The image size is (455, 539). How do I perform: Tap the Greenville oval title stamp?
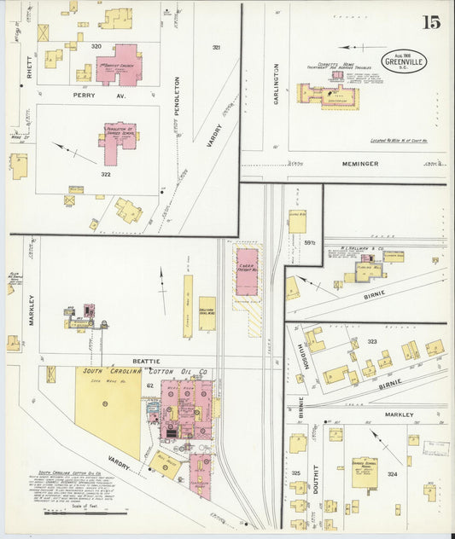[404, 60]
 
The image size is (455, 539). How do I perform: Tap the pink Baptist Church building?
[119, 66]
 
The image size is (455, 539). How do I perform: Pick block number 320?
[96, 45]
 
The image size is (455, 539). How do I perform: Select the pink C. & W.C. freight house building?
[247, 271]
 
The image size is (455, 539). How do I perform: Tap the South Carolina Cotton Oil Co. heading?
[145, 372]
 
